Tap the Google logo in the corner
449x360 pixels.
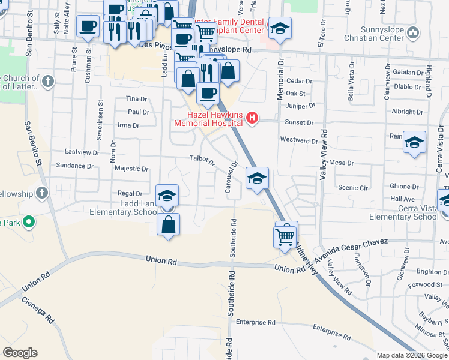click(20, 353)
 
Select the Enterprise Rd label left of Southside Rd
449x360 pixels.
click(255, 322)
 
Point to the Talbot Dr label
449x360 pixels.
click(203, 160)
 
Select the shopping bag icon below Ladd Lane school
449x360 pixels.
click(169, 225)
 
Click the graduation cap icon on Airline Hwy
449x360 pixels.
click(257, 178)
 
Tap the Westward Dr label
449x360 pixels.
click(299, 141)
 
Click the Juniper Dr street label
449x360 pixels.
click(301, 106)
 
